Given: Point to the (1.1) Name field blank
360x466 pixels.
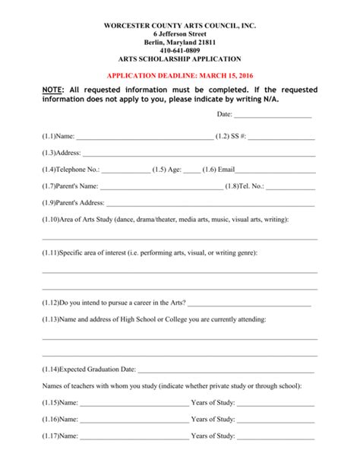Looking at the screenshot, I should point(144,138).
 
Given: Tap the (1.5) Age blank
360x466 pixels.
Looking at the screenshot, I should point(192,170).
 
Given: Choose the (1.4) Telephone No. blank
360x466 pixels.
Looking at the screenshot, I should point(125,170).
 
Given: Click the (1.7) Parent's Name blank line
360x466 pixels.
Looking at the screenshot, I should point(161,187).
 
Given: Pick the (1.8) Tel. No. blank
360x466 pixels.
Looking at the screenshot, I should point(290,187).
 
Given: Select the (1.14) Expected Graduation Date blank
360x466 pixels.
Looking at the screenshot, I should point(226,370).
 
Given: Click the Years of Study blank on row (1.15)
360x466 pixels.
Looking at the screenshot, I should point(276,403).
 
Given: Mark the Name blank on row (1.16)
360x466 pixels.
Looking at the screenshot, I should point(134,420).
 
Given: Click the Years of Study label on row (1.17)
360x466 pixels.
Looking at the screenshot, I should point(213,436).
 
